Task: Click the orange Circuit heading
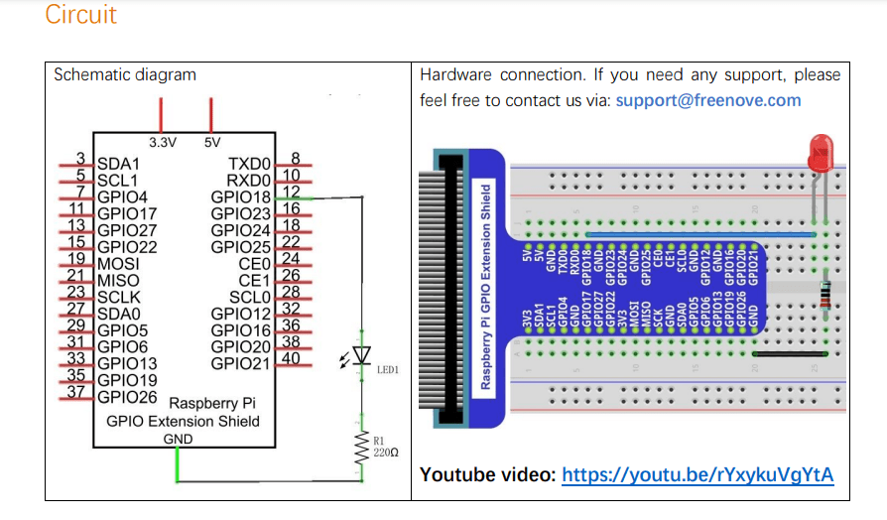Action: click(x=80, y=15)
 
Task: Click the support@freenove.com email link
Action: click(x=707, y=100)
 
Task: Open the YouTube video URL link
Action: click(x=697, y=475)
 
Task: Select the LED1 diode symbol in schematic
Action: click(x=361, y=355)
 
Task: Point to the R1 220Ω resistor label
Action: click(x=385, y=445)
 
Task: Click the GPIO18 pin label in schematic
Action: click(x=241, y=196)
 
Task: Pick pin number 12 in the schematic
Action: click(x=292, y=192)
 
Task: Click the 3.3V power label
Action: click(x=162, y=142)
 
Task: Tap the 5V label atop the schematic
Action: click(x=211, y=142)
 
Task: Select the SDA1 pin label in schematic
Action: click(x=118, y=163)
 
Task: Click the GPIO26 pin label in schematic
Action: click(x=127, y=397)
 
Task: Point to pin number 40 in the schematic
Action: click(x=292, y=358)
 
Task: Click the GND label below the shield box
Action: click(x=178, y=438)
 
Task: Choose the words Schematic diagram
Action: click(x=125, y=74)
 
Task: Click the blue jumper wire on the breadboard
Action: click(x=672, y=235)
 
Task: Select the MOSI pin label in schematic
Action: click(x=118, y=264)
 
